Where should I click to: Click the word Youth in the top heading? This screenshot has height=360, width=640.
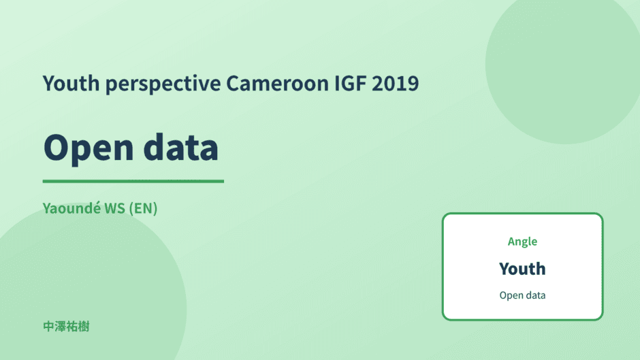tap(71, 83)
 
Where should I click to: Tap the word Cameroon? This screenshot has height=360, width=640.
tap(278, 83)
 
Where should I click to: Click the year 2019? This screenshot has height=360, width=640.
tap(395, 83)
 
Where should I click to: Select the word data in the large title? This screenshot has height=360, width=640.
tap(181, 146)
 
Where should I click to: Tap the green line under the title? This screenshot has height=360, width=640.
tap(133, 181)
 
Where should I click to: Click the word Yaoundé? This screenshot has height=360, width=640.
tap(72, 208)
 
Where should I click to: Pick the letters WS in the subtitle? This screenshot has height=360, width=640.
tap(114, 208)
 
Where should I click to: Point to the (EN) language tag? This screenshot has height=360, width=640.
tap(143, 208)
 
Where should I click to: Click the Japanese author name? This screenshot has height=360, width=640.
tap(66, 327)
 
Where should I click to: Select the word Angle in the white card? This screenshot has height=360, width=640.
tap(522, 242)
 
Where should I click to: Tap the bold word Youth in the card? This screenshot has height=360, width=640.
tap(522, 269)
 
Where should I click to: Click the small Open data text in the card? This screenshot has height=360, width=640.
tap(522, 295)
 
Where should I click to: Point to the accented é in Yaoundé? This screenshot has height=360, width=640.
tap(97, 208)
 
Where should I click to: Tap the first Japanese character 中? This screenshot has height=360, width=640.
tap(49, 327)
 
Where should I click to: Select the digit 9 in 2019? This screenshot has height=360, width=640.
tap(413, 83)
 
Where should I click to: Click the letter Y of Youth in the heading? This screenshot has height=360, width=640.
tap(49, 83)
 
